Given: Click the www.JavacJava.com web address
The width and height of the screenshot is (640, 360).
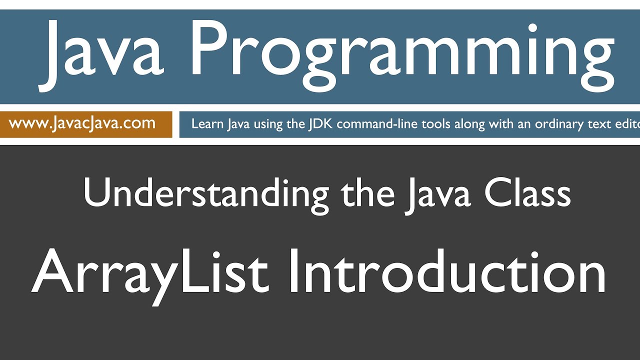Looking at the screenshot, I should pyautogui.click(x=82, y=123).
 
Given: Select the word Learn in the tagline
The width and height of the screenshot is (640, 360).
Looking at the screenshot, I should pyautogui.click(x=207, y=124).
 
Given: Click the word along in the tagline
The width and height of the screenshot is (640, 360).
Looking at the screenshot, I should pyautogui.click(x=469, y=124).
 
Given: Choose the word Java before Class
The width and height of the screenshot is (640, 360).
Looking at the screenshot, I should pyautogui.click(x=438, y=194).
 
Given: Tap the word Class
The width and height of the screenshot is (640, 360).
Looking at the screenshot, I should pyautogui.click(x=527, y=194).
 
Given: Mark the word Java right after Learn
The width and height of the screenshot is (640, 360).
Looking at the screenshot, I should pyautogui.click(x=238, y=124).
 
